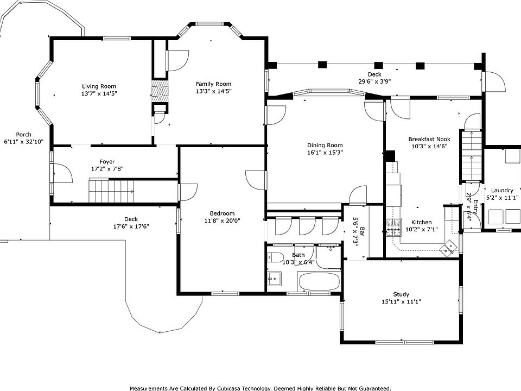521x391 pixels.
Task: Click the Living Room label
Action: point(99,86)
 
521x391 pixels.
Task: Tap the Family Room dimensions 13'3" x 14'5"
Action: point(214,91)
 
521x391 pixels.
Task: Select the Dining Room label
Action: point(325,146)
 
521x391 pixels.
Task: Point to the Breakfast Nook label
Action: point(429,139)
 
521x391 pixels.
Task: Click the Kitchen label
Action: point(421,222)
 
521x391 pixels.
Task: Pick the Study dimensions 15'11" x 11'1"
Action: point(402,301)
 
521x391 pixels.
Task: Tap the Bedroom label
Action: point(222,213)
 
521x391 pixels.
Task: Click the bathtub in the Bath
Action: point(320,282)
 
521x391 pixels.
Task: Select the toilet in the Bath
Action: point(275,257)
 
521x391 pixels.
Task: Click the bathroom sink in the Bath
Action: point(275,279)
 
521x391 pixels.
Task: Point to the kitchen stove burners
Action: point(393,227)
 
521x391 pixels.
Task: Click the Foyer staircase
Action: point(111,191)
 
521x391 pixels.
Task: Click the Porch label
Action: point(23,135)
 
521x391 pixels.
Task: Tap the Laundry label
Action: point(502,191)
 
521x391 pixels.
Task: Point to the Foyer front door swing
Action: point(61,173)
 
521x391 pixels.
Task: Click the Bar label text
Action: point(362,232)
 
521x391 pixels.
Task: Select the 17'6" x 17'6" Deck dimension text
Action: point(131,226)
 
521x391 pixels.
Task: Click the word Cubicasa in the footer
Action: point(231,388)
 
